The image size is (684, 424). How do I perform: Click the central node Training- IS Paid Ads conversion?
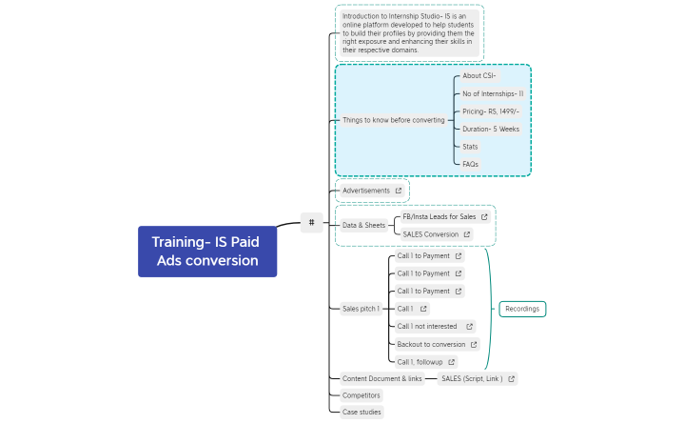(207, 252)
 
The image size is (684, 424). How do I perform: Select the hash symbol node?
(312, 222)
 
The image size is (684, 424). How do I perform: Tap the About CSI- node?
(479, 75)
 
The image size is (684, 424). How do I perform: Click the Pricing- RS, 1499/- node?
(490, 111)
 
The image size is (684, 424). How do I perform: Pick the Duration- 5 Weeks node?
(490, 129)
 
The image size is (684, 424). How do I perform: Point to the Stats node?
(470, 147)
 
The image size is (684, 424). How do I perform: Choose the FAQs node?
(470, 164)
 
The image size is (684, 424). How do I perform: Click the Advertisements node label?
(366, 191)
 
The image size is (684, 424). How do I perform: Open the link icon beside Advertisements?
(399, 191)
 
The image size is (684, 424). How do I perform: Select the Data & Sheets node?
(364, 226)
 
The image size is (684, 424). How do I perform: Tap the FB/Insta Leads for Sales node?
(439, 217)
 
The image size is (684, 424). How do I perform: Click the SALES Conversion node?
(430, 234)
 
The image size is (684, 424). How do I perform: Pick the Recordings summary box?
(522, 309)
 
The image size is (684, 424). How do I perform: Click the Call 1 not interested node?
(427, 326)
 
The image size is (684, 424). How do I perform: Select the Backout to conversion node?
(431, 344)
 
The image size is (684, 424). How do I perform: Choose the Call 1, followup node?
(420, 362)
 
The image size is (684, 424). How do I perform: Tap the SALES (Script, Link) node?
(471, 378)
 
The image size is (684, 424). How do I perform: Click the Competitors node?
(362, 394)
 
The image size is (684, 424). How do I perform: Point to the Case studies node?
(362, 412)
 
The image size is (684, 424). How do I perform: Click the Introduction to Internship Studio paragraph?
(409, 33)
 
